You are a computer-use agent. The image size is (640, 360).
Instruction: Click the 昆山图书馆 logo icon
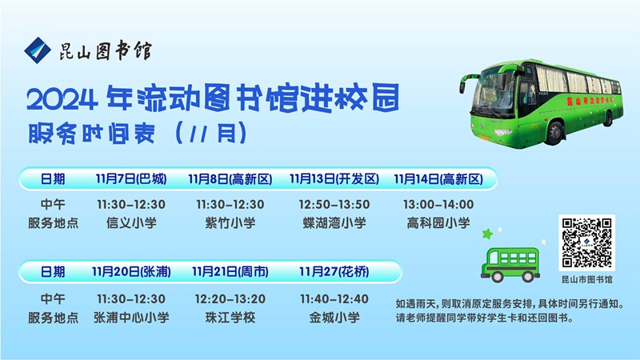(x=37, y=50)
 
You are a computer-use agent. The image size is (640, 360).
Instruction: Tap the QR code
(x=586, y=242)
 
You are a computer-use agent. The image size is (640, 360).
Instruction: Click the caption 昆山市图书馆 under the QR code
(x=586, y=280)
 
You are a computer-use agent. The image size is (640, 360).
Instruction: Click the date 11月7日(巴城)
(x=131, y=178)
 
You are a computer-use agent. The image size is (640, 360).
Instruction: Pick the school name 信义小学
(x=131, y=223)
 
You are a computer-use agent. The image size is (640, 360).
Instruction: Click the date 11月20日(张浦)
(x=131, y=272)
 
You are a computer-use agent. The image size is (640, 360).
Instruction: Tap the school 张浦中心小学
(x=131, y=318)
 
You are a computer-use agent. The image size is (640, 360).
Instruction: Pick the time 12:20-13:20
(x=230, y=298)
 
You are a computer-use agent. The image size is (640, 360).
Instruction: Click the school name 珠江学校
(x=230, y=318)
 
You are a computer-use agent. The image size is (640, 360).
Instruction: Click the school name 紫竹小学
(x=230, y=223)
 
